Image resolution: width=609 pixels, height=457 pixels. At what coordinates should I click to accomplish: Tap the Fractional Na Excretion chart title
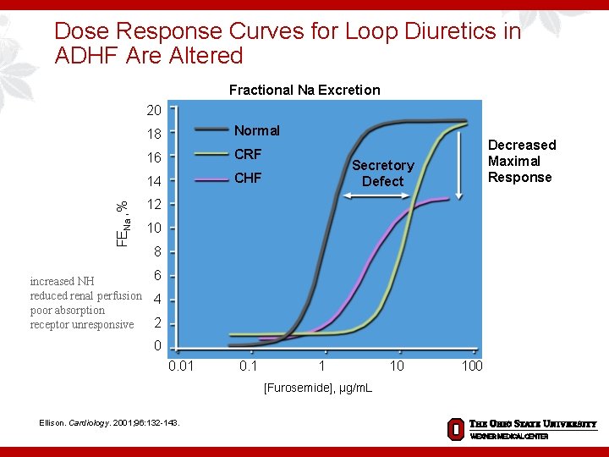[x=304, y=90]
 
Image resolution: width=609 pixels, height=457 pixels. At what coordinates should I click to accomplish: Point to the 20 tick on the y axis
[x=154, y=110]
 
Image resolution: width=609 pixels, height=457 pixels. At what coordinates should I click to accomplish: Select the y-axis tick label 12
[x=154, y=205]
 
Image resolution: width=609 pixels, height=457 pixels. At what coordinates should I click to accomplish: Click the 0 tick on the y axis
[x=157, y=346]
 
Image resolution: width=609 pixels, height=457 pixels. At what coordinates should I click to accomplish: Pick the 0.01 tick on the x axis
[x=181, y=366]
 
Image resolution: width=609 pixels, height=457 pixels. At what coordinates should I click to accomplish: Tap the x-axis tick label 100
[x=471, y=366]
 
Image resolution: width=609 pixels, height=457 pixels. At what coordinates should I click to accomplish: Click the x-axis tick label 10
[x=396, y=366]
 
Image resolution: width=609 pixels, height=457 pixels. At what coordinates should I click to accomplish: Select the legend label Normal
[x=256, y=130]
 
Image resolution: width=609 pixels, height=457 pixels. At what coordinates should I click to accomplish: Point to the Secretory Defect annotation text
[x=382, y=173]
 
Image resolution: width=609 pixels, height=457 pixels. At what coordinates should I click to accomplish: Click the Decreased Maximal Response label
[x=521, y=161]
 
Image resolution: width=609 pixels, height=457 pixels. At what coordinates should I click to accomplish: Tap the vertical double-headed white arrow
[x=458, y=161]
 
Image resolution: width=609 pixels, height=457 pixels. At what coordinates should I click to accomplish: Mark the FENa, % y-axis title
[x=123, y=222]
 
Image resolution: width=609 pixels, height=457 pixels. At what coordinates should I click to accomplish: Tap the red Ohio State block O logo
[x=455, y=428]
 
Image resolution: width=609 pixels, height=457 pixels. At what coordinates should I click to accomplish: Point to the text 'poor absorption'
[x=68, y=311]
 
